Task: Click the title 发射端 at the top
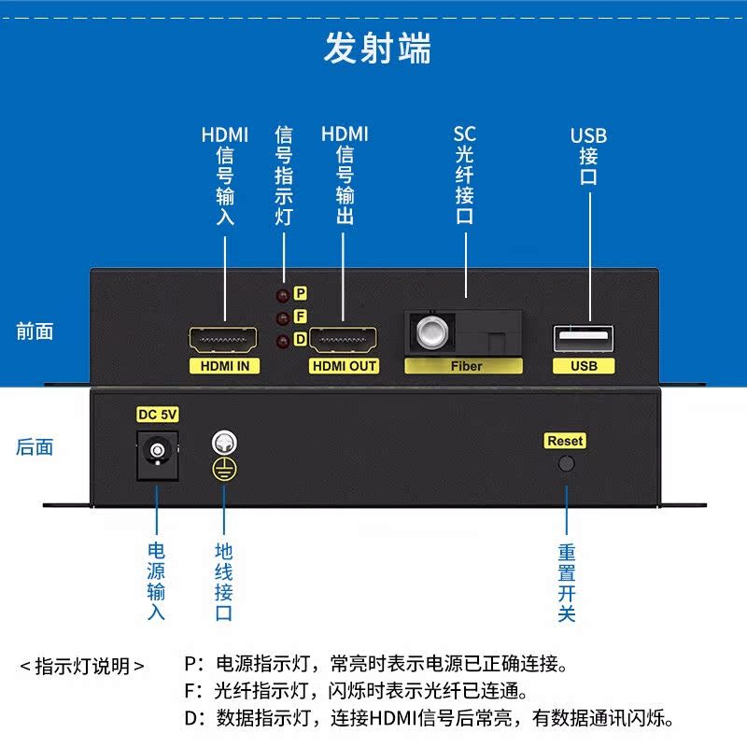tap(377, 48)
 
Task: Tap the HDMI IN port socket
tap(224, 339)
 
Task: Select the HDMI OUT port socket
tap(343, 339)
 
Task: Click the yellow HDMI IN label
tap(224, 366)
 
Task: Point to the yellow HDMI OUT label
tap(344, 366)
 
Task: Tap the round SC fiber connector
tap(430, 330)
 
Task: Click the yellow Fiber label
tap(466, 366)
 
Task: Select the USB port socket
tap(584, 336)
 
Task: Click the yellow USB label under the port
tap(584, 366)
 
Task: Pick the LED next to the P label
tap(281, 295)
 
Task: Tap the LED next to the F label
tap(281, 318)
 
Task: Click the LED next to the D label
tap(281, 341)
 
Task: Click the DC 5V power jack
tap(157, 453)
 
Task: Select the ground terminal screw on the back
tap(223, 440)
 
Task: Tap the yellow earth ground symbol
tap(223, 470)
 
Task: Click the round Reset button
tap(565, 462)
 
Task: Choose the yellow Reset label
tap(565, 441)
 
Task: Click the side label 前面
tap(35, 331)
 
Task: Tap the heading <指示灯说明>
tap(82, 666)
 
